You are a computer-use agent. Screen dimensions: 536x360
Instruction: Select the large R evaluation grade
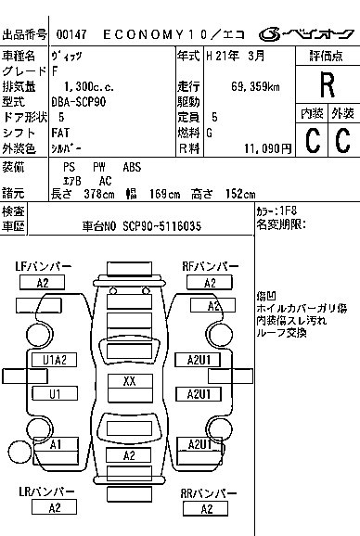pyautogui.click(x=326, y=86)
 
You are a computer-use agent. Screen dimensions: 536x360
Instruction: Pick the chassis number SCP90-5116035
pyautogui.click(x=161, y=225)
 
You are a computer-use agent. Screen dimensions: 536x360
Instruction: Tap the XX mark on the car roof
pyautogui.click(x=130, y=381)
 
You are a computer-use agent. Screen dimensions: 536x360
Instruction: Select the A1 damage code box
pyautogui.click(x=56, y=444)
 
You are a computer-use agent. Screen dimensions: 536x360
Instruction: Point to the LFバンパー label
pyautogui.click(x=43, y=266)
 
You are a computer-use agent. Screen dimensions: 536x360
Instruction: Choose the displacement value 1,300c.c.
pyautogui.click(x=83, y=86)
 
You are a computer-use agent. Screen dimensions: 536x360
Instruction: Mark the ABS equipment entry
pyautogui.click(x=133, y=167)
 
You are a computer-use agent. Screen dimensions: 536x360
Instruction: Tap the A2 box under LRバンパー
pyautogui.click(x=55, y=507)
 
